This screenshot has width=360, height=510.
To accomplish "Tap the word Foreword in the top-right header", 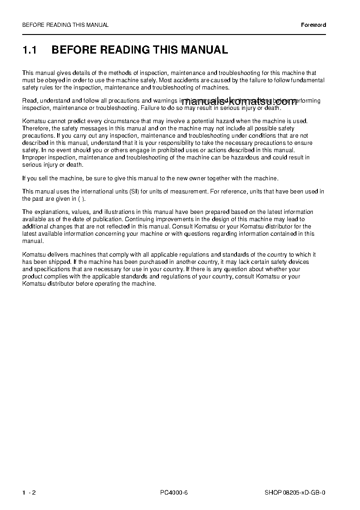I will click(314, 25).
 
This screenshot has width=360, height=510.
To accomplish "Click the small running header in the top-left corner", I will click(65, 25).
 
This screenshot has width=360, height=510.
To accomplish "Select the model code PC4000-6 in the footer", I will click(174, 492).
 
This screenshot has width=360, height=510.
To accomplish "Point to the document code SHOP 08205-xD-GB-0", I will click(295, 492).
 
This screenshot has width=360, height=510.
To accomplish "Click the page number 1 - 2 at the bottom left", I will click(29, 492).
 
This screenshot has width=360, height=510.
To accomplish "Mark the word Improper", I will click(35, 158).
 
